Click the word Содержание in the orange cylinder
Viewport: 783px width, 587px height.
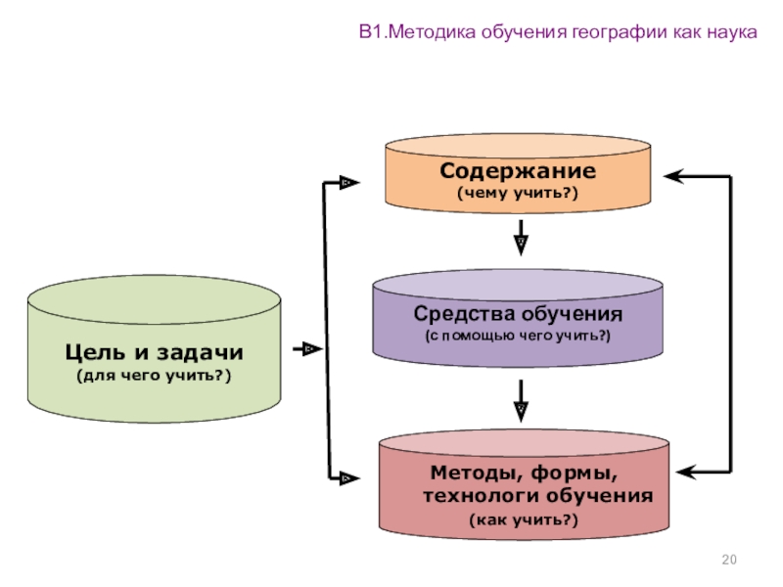518,171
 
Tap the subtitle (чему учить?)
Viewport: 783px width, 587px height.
518,195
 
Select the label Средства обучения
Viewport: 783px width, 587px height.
518,314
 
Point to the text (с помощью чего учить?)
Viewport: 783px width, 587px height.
518,336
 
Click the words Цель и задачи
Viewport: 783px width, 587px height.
155,351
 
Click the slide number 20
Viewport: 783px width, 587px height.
728,560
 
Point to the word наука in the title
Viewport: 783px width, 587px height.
732,32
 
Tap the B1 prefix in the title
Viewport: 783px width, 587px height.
369,32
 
